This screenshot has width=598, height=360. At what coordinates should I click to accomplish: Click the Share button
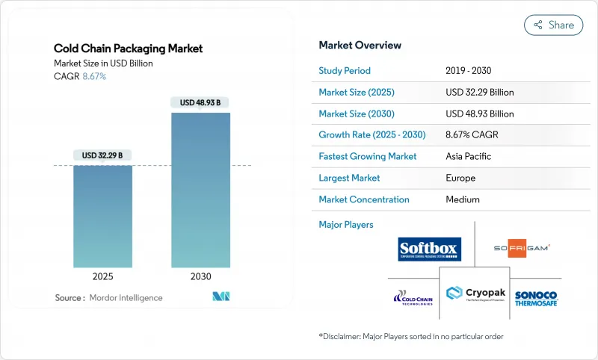coord(553,25)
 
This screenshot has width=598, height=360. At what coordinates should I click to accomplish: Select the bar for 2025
coord(102,216)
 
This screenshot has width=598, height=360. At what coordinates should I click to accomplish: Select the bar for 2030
coord(200,190)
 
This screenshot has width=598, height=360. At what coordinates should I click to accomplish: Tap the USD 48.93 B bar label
coord(200,102)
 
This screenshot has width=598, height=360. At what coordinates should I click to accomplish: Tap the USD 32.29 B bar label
coord(102,155)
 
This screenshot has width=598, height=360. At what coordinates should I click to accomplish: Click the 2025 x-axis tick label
coord(102,276)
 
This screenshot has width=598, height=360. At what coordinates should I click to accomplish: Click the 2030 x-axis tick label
coord(200,276)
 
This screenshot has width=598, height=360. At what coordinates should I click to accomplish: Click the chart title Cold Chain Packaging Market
coord(128,49)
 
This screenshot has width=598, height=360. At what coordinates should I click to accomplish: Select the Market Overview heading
coord(360,45)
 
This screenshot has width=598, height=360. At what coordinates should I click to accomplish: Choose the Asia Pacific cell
coord(469,157)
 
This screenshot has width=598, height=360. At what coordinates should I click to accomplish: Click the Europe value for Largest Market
coord(460,179)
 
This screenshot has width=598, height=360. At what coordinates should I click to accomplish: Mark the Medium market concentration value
coord(463,199)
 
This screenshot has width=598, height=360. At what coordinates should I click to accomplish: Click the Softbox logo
coord(430,249)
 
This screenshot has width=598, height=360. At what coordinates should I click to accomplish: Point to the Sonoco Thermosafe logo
coord(537,298)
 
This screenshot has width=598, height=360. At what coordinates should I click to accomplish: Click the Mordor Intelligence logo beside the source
coord(221,297)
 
